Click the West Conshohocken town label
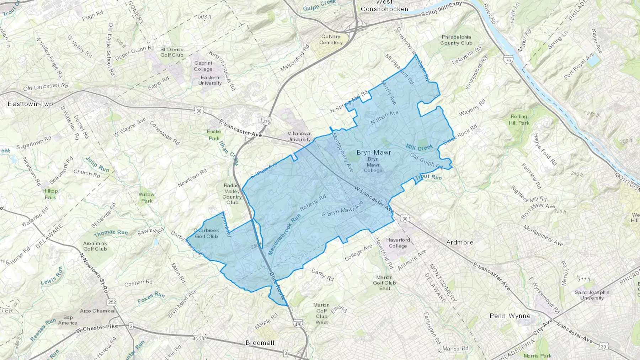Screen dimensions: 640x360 click(x=384, y=6)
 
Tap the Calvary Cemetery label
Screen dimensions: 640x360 click(x=331, y=39)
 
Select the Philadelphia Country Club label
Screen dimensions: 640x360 click(x=456, y=40)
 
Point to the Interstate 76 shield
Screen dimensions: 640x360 click(x=509, y=60)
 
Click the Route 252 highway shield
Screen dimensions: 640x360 click(x=112, y=302)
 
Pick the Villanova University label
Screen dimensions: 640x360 click(x=299, y=136)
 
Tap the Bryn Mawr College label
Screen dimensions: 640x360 click(x=373, y=165)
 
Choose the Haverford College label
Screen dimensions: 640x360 click(x=398, y=243)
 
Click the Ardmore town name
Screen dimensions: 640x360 click(x=459, y=242)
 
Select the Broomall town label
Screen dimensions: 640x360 click(x=260, y=343)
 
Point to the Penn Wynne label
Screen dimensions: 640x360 click(x=510, y=316)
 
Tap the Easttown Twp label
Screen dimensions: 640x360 click(x=30, y=104)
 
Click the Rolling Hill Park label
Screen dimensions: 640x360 click(x=519, y=119)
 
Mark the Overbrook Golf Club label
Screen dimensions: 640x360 click(x=206, y=233)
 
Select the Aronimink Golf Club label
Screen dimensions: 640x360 click(x=95, y=246)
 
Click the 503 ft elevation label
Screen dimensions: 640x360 click(x=204, y=17)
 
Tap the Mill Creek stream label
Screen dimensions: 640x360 click(x=420, y=147)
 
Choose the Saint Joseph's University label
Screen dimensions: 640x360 click(x=592, y=295)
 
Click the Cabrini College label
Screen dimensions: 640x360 click(x=203, y=66)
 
